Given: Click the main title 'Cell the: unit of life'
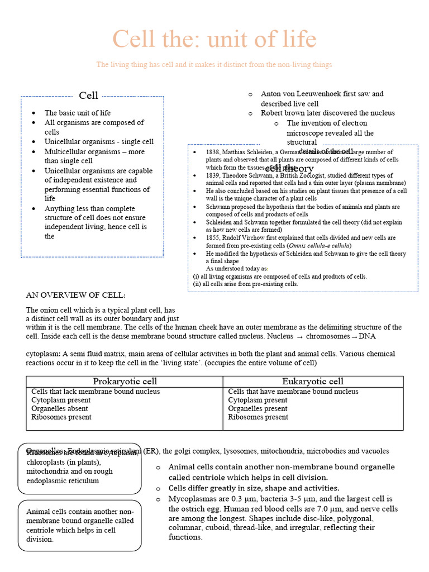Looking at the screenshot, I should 214,40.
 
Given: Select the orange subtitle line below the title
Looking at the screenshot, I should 214,65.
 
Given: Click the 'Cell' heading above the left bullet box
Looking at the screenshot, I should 89,96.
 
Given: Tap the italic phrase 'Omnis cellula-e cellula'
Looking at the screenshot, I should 319,246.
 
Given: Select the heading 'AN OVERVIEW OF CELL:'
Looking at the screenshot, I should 76,295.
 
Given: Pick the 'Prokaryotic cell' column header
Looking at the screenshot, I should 125,382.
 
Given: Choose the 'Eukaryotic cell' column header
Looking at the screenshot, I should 313,382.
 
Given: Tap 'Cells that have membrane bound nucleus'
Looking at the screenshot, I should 293,392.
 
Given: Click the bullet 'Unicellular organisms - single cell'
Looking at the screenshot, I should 99,142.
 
